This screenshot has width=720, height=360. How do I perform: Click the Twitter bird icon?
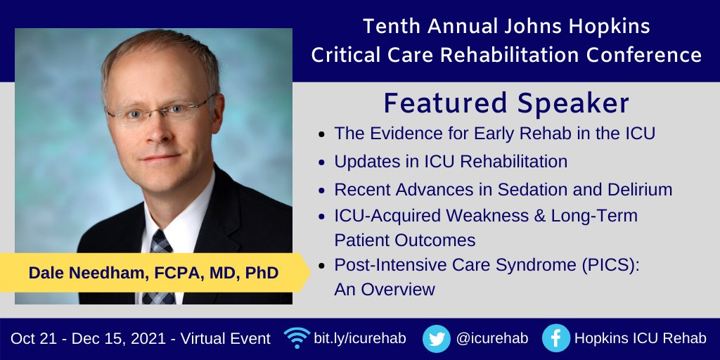pyautogui.click(x=436, y=339)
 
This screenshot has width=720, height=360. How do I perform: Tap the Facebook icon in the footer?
pyautogui.click(x=555, y=339)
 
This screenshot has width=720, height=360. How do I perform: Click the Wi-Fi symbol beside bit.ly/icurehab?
pyautogui.click(x=297, y=337)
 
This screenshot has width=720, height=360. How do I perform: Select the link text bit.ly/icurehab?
pyautogui.click(x=361, y=338)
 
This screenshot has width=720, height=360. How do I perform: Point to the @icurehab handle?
pyautogui.click(x=491, y=338)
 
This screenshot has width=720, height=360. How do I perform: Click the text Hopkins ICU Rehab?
pyautogui.click(x=640, y=338)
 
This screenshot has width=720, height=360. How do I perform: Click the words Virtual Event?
pyautogui.click(x=226, y=338)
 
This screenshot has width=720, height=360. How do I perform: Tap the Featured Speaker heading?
pyautogui.click(x=506, y=103)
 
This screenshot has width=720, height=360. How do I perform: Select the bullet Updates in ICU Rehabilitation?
pyautogui.click(x=451, y=161)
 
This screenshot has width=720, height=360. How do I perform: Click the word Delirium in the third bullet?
pyautogui.click(x=638, y=189)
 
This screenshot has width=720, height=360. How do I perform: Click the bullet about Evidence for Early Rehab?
pyautogui.click(x=494, y=133)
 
